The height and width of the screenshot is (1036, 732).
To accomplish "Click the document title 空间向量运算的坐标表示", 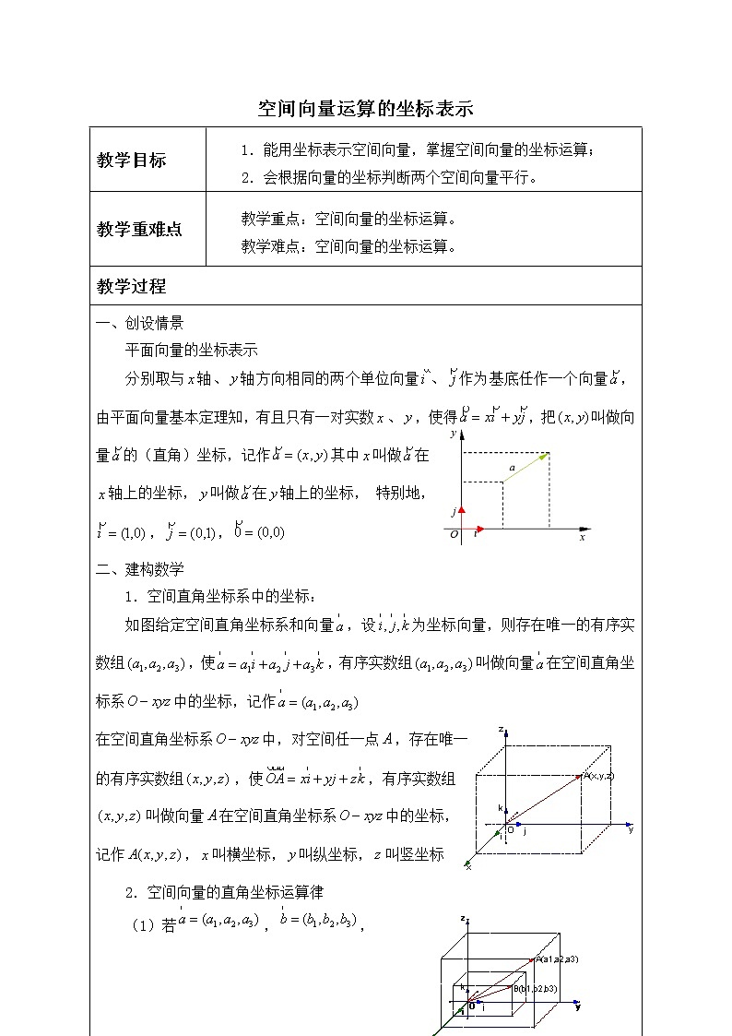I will [x=365, y=109].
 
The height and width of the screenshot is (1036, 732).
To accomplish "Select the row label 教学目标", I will [x=131, y=160].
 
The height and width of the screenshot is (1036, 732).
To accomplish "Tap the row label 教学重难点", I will [x=139, y=229].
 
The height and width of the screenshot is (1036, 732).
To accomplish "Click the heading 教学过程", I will [x=131, y=286].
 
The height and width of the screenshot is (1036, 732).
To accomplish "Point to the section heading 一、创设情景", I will [x=139, y=323].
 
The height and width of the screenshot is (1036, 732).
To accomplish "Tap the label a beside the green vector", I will [x=512, y=469].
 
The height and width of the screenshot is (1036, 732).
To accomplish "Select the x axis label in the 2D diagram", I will [x=582, y=536].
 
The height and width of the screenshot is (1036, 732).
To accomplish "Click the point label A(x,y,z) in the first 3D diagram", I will [x=598, y=776].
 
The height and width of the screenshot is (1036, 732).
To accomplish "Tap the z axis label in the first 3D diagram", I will [x=500, y=729].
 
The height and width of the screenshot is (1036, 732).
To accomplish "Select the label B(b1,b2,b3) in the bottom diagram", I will [x=535, y=989].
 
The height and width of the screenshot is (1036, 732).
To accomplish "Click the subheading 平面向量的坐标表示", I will [x=191, y=351].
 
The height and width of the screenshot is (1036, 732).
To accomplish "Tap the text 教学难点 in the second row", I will [x=271, y=246].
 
